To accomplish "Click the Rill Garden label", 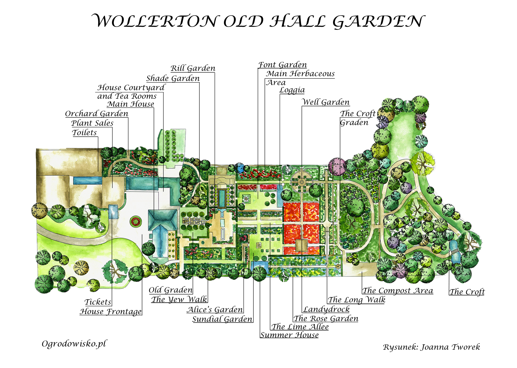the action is click(193, 68).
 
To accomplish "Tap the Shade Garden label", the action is click(173, 78).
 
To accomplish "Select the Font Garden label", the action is click(283, 65).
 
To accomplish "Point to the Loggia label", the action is click(292, 90).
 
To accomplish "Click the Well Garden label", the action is click(326, 102).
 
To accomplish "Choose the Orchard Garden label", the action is click(96, 114).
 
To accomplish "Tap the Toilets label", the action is click(84, 133).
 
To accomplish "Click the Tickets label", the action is click(98, 302).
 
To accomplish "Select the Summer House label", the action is click(290, 335).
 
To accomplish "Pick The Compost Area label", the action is click(397, 291).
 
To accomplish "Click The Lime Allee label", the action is click(300, 327).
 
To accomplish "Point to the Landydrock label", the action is click(326, 309).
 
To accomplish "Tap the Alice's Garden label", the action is click(215, 310).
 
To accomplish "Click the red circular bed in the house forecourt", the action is click(135, 221).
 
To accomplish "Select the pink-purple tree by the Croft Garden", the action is click(337, 166).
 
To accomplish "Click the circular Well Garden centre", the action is click(301, 182).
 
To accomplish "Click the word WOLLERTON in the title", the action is click(154, 21).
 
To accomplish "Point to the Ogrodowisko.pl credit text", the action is click(74, 344).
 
